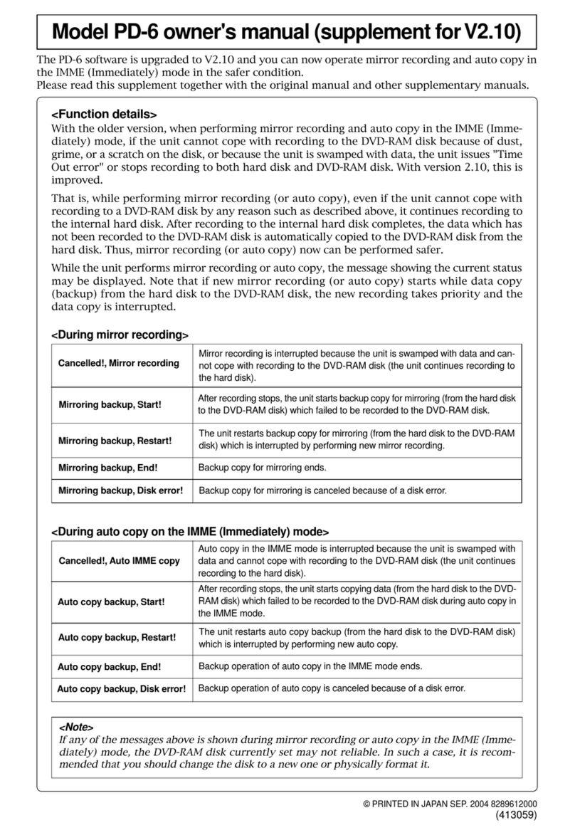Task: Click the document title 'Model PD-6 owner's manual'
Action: click(287, 33)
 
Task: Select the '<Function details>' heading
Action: click(104, 115)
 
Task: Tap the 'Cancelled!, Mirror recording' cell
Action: click(119, 363)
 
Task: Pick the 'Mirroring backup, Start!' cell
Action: click(110, 404)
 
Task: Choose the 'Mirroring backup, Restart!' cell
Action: click(115, 440)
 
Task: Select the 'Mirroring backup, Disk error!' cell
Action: click(121, 490)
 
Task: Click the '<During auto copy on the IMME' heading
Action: click(190, 531)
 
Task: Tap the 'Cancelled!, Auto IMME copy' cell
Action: click(119, 561)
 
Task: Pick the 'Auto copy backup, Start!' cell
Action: click(111, 602)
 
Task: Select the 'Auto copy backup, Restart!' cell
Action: click(117, 637)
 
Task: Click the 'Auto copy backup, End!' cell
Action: click(109, 667)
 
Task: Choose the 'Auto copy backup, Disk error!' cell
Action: click(122, 688)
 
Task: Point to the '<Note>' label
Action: click(75, 727)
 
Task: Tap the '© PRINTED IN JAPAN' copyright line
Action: click(449, 804)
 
